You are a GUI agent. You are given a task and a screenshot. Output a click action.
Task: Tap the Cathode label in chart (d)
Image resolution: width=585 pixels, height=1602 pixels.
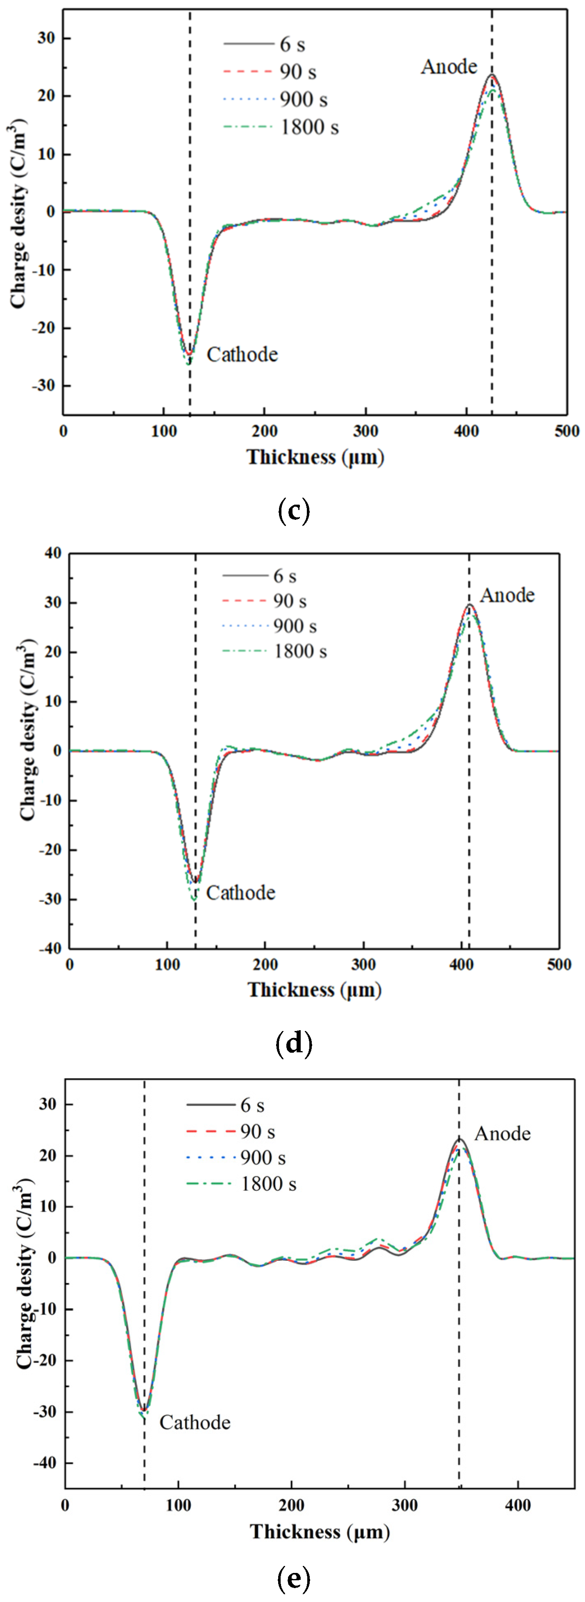[240, 893]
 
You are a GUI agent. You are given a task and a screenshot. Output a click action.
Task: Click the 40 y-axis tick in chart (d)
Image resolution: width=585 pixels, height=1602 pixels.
[52, 553]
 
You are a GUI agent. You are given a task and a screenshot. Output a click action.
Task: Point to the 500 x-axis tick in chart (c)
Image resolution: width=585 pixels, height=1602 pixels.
[566, 431]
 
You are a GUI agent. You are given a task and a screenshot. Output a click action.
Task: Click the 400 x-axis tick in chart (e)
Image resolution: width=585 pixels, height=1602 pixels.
[517, 1506]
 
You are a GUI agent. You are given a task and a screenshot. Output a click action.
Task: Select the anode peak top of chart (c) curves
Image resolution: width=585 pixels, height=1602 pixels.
[492, 75]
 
